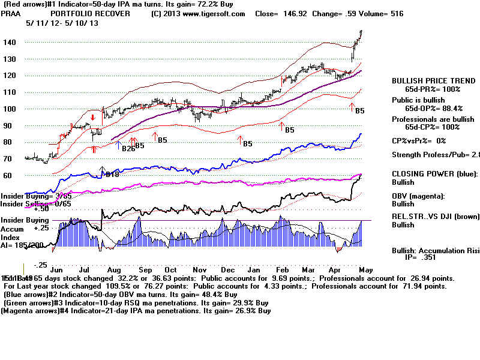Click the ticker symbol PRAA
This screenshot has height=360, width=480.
click(x=13, y=13)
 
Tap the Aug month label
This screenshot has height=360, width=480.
click(x=115, y=254)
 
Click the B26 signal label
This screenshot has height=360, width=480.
click(x=128, y=148)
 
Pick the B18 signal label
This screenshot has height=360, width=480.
click(x=112, y=175)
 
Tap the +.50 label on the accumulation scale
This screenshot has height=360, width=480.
click(x=25, y=209)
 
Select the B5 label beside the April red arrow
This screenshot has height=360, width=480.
click(x=360, y=111)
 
